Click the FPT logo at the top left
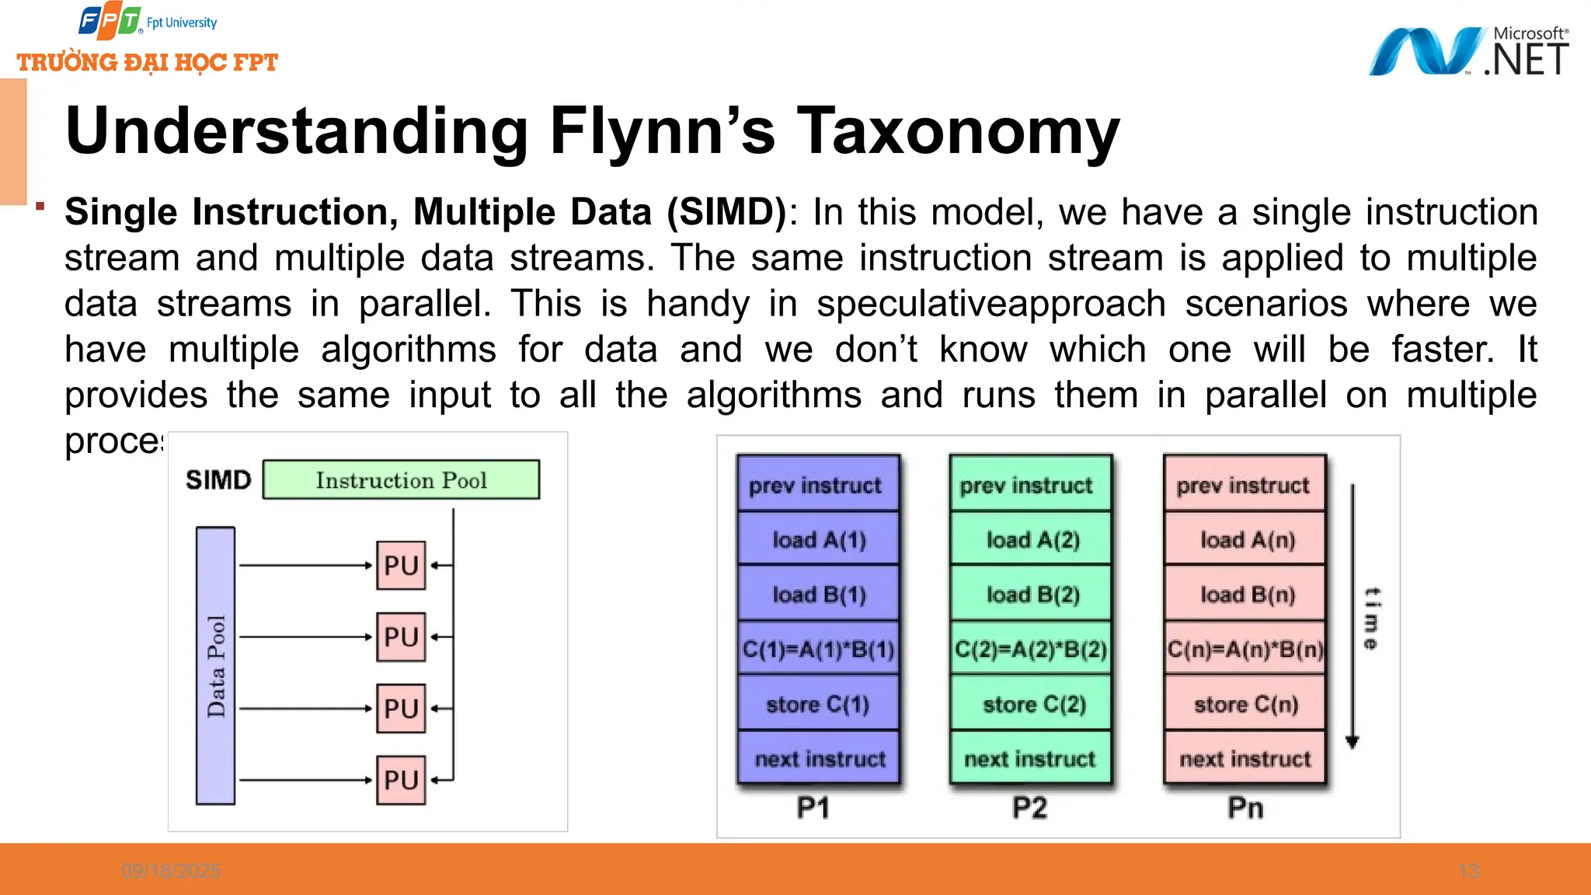click(110, 22)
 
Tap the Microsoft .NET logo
click(1468, 51)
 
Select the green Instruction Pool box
click(401, 479)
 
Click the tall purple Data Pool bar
click(215, 665)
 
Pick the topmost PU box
click(401, 566)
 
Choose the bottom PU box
click(401, 780)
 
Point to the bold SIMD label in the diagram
click(218, 480)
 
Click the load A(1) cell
click(818, 539)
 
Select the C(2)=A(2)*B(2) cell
click(1031, 649)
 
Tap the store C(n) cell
click(1245, 704)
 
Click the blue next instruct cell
click(819, 758)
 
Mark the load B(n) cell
click(1246, 594)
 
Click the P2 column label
click(1029, 808)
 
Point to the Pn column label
click(1245, 808)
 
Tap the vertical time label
click(1372, 618)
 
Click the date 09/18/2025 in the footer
click(171, 871)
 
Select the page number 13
click(1468, 871)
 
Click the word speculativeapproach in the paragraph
click(990, 304)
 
